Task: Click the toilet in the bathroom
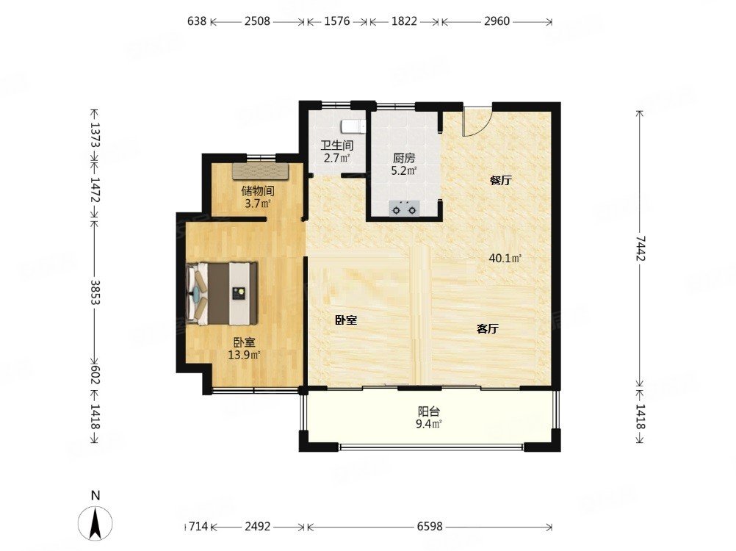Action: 353,126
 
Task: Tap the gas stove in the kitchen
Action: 404,208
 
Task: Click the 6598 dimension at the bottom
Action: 430,527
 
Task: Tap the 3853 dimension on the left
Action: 95,292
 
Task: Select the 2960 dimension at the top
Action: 497,21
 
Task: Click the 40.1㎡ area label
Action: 505,258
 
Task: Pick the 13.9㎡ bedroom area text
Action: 244,355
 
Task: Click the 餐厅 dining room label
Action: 500,181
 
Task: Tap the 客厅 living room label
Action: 487,329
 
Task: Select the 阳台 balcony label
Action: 428,412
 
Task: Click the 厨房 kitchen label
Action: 404,159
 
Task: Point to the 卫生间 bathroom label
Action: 336,145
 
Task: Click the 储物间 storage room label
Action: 258,191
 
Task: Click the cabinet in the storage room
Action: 261,171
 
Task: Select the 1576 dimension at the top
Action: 337,21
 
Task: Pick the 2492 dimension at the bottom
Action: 258,527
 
